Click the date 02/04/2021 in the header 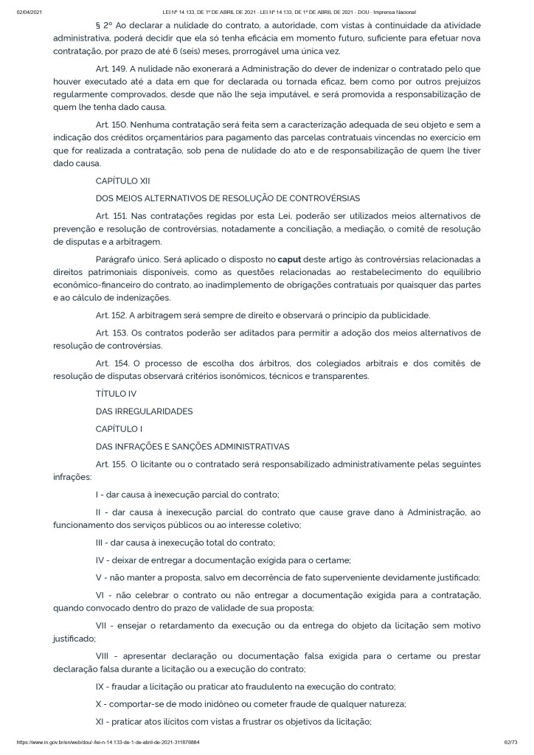point(27,13)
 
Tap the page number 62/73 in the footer point(513,742)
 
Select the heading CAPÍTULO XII point(122,181)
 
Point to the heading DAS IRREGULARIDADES point(144,411)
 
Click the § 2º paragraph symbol point(103,26)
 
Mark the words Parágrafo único point(130,259)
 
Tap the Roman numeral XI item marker point(102,720)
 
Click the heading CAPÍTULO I point(119,428)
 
